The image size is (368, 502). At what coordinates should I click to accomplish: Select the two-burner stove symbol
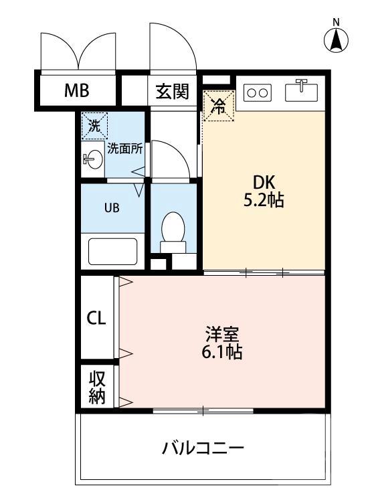(258, 92)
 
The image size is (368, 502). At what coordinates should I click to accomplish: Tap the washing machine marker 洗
(94, 124)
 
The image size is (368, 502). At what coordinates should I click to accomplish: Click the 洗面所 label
(124, 149)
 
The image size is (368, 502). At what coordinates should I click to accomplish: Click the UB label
(111, 207)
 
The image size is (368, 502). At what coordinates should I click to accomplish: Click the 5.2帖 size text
(264, 200)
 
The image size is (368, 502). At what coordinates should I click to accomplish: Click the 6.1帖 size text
(221, 352)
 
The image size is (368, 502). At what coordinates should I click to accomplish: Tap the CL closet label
(96, 318)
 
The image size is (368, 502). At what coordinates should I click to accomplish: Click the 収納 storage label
(97, 388)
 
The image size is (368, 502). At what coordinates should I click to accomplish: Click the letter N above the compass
(337, 21)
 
